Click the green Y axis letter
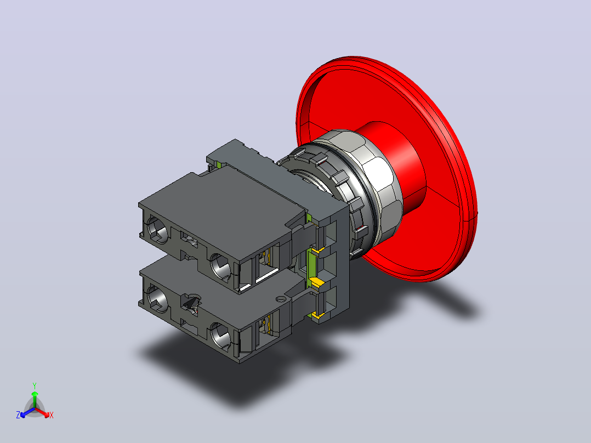(x=35, y=385)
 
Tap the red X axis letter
(x=52, y=415)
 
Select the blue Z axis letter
(x=18, y=414)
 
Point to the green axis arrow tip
(x=35, y=392)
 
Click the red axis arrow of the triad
(x=43, y=412)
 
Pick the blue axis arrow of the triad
(x=27, y=412)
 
